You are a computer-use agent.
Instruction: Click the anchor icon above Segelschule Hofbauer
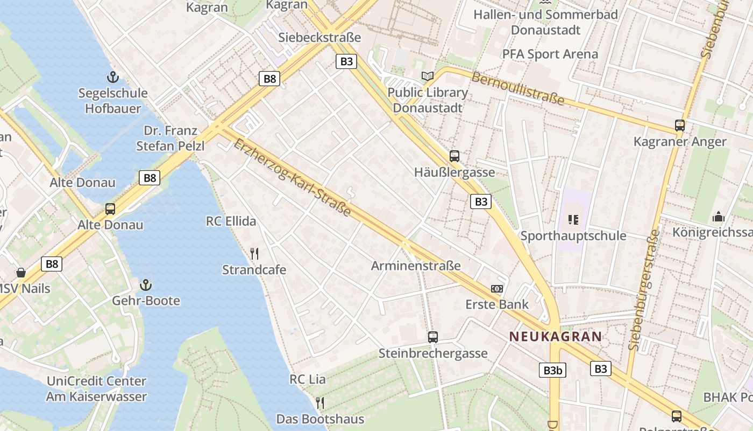point(113,77)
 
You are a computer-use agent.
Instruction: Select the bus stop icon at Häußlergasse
point(454,156)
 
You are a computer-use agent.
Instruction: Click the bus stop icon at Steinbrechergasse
point(433,337)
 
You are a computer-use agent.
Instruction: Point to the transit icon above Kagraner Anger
point(680,126)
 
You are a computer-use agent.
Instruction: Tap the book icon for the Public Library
point(428,77)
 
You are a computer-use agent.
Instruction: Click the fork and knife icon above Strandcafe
point(254,253)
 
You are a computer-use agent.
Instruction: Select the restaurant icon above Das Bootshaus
point(320,402)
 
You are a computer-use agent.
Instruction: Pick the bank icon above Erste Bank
point(497,289)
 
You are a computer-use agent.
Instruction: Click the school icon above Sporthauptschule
point(573,219)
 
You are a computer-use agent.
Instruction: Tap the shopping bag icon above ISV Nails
point(21,272)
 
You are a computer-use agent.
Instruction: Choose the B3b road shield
point(552,370)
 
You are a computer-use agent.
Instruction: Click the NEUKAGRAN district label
point(556,337)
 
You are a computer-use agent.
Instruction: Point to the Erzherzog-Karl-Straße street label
point(293,177)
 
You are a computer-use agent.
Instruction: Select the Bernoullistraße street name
point(518,88)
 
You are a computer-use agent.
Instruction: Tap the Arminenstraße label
point(416,266)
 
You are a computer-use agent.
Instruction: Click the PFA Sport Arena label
point(550,54)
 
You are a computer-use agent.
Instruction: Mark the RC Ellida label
point(231,221)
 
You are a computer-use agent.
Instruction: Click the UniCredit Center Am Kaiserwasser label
point(96,389)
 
